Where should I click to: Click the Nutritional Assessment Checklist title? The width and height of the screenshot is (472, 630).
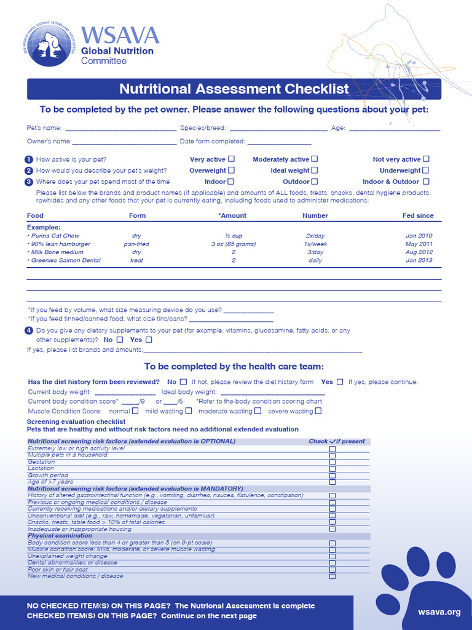coord(234,89)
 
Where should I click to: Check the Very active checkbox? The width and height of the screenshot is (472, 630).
coord(232,159)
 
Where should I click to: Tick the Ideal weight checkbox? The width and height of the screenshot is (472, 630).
coord(314,170)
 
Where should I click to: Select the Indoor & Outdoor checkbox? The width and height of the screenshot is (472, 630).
coord(426,181)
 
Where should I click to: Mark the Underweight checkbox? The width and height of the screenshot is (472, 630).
coord(425,170)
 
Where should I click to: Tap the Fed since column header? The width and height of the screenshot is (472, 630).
coord(417,216)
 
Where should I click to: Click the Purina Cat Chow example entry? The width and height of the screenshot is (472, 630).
coord(55,236)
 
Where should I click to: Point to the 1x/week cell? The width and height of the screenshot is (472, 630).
coord(315,244)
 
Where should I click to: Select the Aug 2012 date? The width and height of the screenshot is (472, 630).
coord(419,252)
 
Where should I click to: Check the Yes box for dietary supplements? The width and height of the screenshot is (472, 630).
coord(149,340)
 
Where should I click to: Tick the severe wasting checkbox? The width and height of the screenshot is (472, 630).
coord(318,411)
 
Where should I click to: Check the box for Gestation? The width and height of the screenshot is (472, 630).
coord(332,462)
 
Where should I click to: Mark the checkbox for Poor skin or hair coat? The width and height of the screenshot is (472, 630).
coord(332,570)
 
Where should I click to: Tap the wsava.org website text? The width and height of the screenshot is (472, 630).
coord(439,612)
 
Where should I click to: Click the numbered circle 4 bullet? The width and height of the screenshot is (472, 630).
coord(29,331)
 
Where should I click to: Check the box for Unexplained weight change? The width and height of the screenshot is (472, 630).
coord(332,556)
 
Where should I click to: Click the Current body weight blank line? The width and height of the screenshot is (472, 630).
coord(125,392)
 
